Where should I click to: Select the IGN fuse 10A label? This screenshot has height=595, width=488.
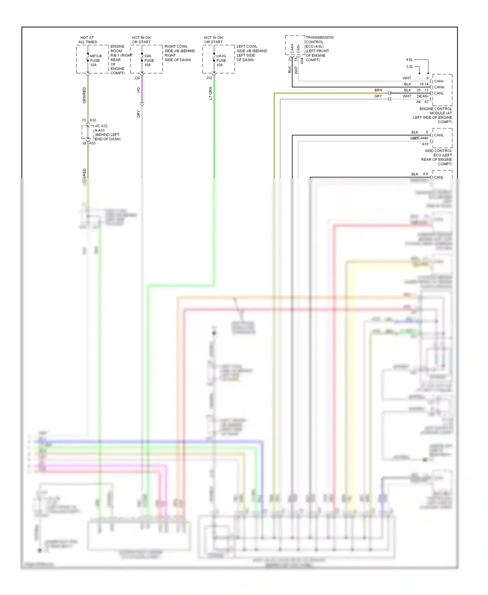tap(149, 60)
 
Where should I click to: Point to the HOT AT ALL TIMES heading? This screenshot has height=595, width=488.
tap(88, 40)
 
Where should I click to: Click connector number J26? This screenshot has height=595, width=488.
tap(137, 78)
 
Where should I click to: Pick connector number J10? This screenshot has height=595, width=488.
tap(209, 78)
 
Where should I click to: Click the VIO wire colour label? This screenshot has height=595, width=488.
tap(139, 90)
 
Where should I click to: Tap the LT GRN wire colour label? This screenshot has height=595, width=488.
tap(210, 93)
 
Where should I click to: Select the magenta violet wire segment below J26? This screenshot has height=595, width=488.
tap(142, 90)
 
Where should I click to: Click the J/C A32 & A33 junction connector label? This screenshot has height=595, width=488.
tap(107, 132)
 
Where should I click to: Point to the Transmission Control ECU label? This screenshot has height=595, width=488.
tap(319, 48)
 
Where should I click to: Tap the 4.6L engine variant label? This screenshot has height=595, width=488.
tap(409, 60)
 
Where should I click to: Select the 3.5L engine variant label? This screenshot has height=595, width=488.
tap(409, 67)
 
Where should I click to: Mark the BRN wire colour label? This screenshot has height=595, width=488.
tap(378, 90)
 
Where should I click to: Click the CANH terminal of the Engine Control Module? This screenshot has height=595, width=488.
tap(439, 87)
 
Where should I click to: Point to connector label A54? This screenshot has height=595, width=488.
tap(302, 61)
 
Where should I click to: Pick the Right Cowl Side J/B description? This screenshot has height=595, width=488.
tap(179, 53)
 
